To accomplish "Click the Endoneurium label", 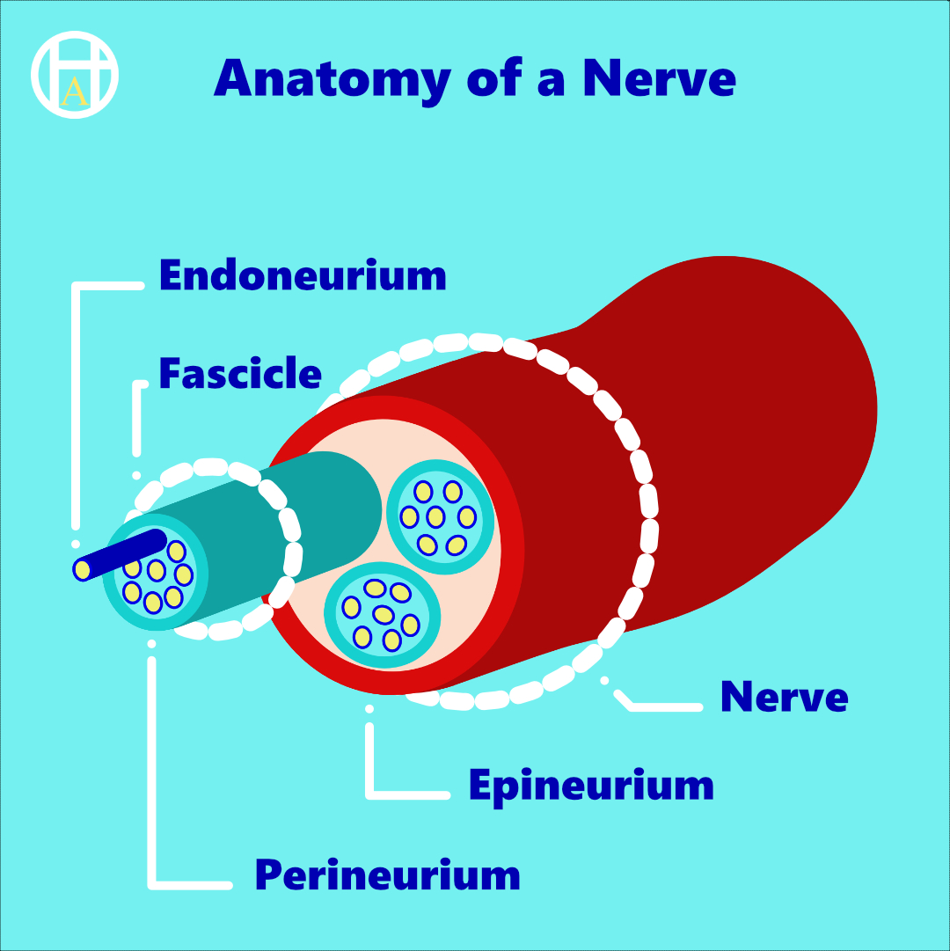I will point(303,275).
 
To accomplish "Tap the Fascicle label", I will point(240,374).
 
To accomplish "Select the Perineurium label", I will point(387,875).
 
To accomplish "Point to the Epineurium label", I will point(591,785).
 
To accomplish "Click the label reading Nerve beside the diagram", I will point(784,697).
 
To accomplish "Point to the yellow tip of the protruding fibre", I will point(82,570).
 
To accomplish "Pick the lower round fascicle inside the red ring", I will point(383,612).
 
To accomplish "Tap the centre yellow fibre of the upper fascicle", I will point(435,516).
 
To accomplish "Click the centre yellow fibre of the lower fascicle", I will point(383,613).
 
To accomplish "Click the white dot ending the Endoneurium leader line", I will point(77,545).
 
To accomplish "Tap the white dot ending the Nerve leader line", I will point(604,679).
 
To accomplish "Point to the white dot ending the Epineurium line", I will point(369,708).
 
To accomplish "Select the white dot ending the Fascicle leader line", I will point(136,475).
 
